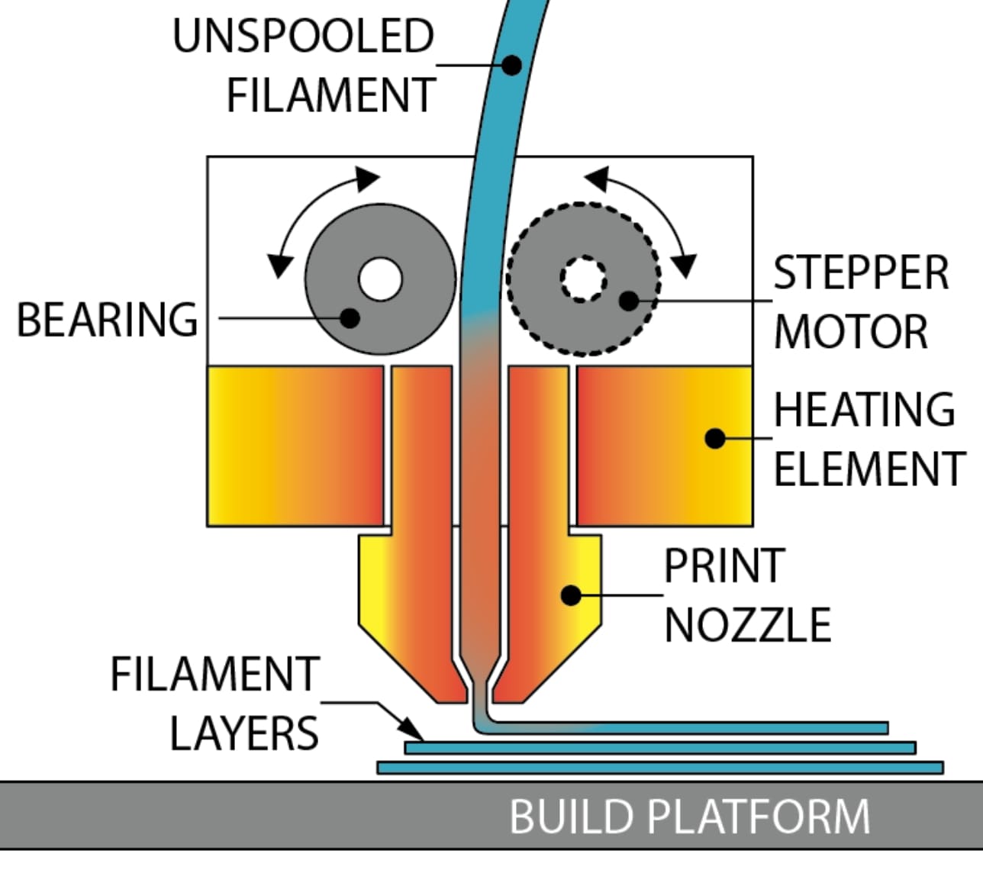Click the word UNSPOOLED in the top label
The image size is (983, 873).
pyautogui.click(x=303, y=36)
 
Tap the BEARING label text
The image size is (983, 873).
pyautogui.click(x=107, y=319)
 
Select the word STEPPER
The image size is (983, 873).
pyautogui.click(x=861, y=272)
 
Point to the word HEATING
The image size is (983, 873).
pyautogui.click(x=864, y=410)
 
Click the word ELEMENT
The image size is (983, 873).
pyautogui.click(x=869, y=468)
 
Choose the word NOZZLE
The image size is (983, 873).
pyautogui.click(x=747, y=625)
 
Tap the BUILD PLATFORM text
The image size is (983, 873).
pyautogui.click(x=689, y=816)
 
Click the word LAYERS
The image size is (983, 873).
pyautogui.click(x=243, y=733)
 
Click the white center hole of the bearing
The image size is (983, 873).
pyautogui.click(x=380, y=279)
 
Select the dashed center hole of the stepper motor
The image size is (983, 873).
pyautogui.click(x=583, y=279)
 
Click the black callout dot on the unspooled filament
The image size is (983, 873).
pyautogui.click(x=511, y=66)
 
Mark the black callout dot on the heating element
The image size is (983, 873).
pyautogui.click(x=715, y=438)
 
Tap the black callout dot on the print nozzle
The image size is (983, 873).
pyautogui.click(x=571, y=594)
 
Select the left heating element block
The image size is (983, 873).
pyautogui.click(x=295, y=446)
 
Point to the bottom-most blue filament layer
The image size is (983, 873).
pyautogui.click(x=660, y=767)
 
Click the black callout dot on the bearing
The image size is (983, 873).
pyautogui.click(x=350, y=317)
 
